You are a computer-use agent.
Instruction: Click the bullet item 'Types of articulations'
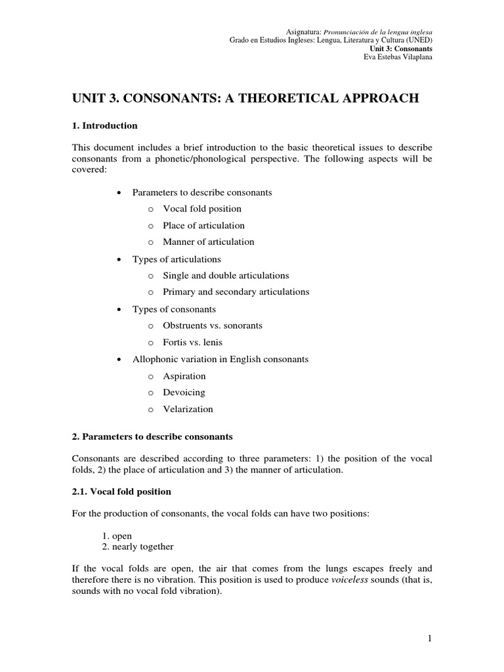tap(177, 259)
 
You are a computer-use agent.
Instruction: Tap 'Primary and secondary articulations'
tap(236, 292)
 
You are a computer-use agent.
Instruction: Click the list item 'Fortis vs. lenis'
tap(194, 343)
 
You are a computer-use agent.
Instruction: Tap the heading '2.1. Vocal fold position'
tap(121, 491)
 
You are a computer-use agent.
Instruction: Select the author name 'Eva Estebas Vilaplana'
tap(398, 56)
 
